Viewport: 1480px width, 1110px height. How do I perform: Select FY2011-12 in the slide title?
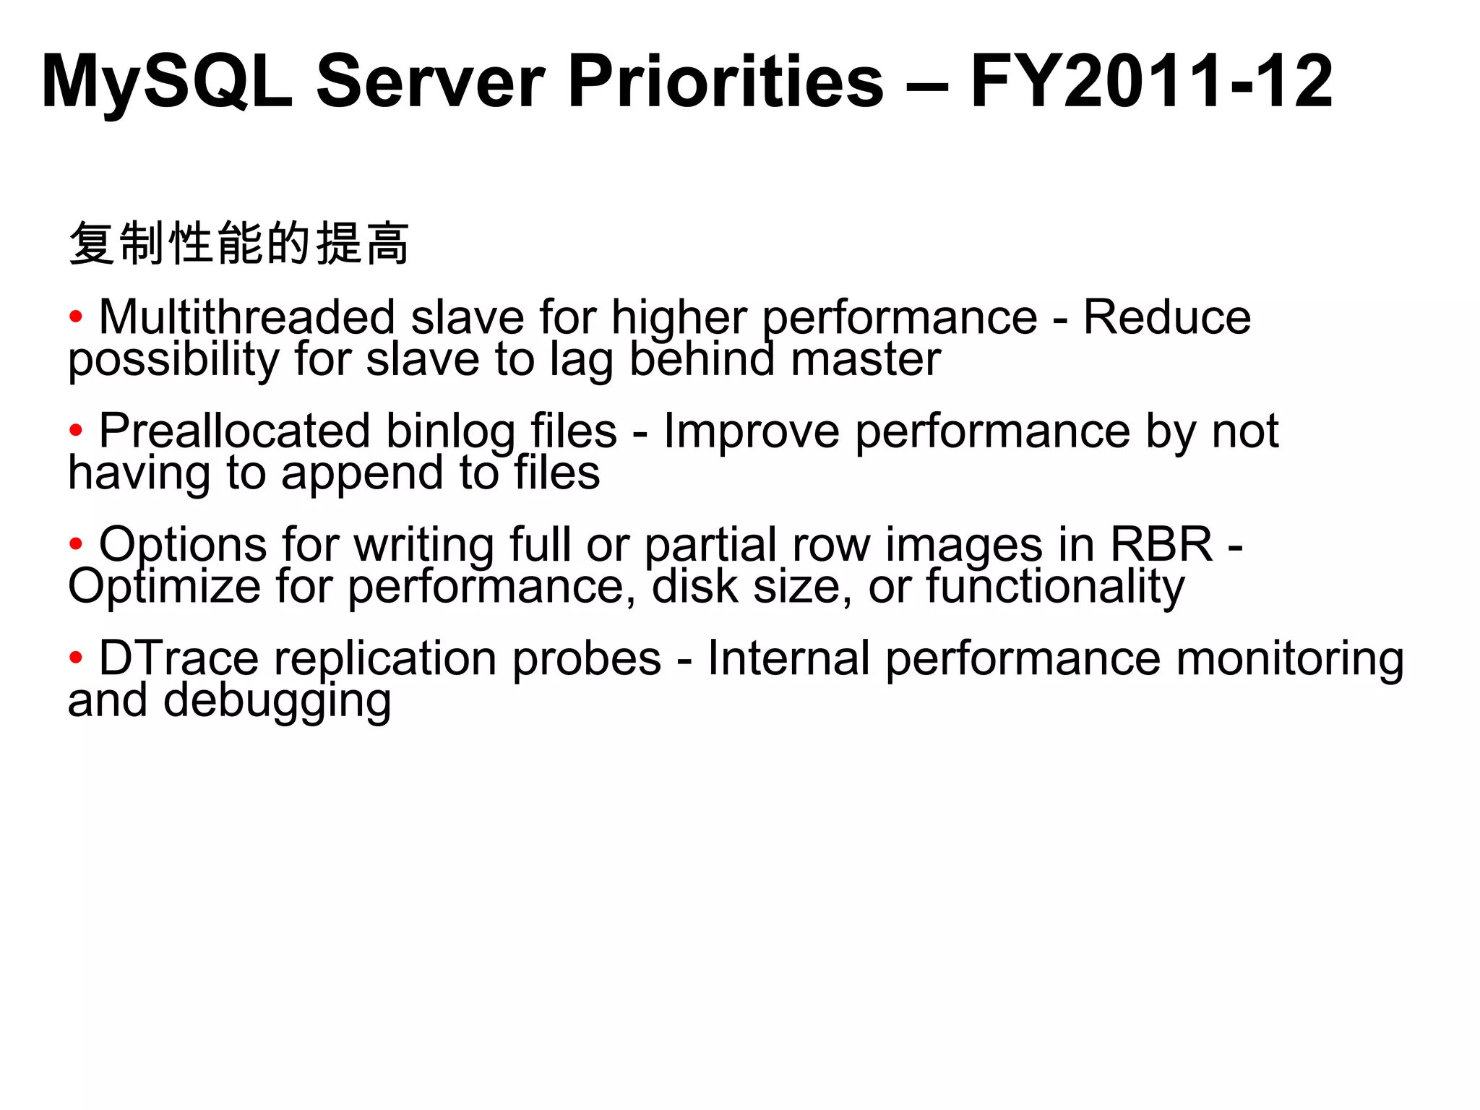pyautogui.click(x=1151, y=81)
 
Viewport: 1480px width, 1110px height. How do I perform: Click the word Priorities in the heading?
pyautogui.click(x=726, y=81)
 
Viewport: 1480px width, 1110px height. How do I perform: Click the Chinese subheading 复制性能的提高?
pyautogui.click(x=239, y=243)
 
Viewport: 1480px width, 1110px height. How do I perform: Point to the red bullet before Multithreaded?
pyautogui.click(x=76, y=317)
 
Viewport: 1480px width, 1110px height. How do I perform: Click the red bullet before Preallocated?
pyautogui.click(x=76, y=431)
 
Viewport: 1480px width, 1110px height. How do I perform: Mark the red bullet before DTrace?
pyautogui.click(x=76, y=658)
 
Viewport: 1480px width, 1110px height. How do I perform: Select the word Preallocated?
pyautogui.click(x=234, y=431)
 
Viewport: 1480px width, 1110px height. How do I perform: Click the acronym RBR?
pyautogui.click(x=1161, y=543)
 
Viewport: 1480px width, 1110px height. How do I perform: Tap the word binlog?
pyautogui.click(x=450, y=432)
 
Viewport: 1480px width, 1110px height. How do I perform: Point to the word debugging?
pyautogui.click(x=277, y=701)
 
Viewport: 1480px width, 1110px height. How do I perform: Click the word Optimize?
pyautogui.click(x=164, y=586)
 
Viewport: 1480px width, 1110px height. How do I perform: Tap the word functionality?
pyautogui.click(x=1055, y=586)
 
